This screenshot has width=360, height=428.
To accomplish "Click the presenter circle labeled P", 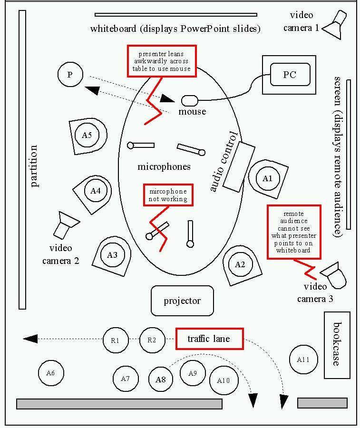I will pos(70,75).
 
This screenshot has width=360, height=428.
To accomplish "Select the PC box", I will pos(290,75).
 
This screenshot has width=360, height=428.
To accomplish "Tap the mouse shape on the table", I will pos(189,100).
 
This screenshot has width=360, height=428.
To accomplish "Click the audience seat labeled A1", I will pos(267,178).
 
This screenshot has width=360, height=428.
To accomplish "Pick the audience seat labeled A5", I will pos(87,136).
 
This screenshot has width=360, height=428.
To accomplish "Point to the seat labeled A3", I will pos(112,255).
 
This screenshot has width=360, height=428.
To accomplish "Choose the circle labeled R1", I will pos(115,340).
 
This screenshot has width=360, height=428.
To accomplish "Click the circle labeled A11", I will pos(303,360).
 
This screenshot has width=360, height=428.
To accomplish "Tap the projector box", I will pos(182,301).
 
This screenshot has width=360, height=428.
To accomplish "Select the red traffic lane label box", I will pos(209,339).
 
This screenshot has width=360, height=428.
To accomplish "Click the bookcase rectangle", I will pos(337,345).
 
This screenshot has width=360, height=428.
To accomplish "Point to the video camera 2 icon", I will pos(65,224).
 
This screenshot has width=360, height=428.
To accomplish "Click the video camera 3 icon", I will pos(333,275).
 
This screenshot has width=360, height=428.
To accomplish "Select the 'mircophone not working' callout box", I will pos(168,195).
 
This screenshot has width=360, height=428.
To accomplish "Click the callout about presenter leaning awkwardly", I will pos(162,61).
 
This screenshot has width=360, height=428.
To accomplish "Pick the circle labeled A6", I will pos(50,373).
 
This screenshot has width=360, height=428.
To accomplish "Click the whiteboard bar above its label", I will pos(175,15).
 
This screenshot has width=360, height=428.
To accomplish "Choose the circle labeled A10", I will pos(224,380).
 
